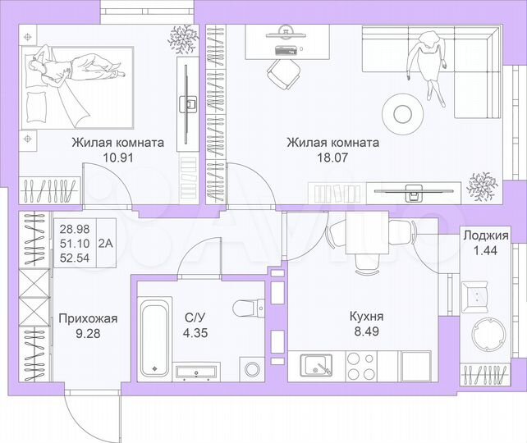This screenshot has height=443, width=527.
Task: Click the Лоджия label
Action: coord(485,236)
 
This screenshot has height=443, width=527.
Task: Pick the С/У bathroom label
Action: coord(194,316)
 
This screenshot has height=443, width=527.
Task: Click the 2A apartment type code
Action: coord(106,242)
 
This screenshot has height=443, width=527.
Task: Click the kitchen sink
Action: coord(317,363)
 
